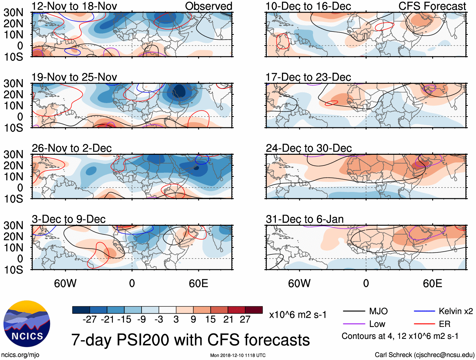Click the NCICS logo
coord(27,324)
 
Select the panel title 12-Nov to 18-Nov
coord(74,6)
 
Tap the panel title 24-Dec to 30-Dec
coord(309,148)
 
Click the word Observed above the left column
coord(208,6)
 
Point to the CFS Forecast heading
coord(432,6)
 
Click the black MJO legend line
coord(354,311)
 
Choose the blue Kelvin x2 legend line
coord(424,311)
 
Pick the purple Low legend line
coord(354,324)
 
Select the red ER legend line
coord(424,324)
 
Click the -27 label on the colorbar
coord(90,319)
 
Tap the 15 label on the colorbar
coord(211,319)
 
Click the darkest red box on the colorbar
coord(254,310)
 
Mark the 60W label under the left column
coord(65,283)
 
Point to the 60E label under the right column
coord(432,283)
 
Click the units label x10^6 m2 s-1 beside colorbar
coord(298,315)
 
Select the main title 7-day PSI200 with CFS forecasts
coord(190,340)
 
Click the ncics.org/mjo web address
coord(20,355)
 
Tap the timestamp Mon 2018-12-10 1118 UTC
coord(238,355)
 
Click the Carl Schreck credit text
coord(424,355)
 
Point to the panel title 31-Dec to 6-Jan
coord(305,219)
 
